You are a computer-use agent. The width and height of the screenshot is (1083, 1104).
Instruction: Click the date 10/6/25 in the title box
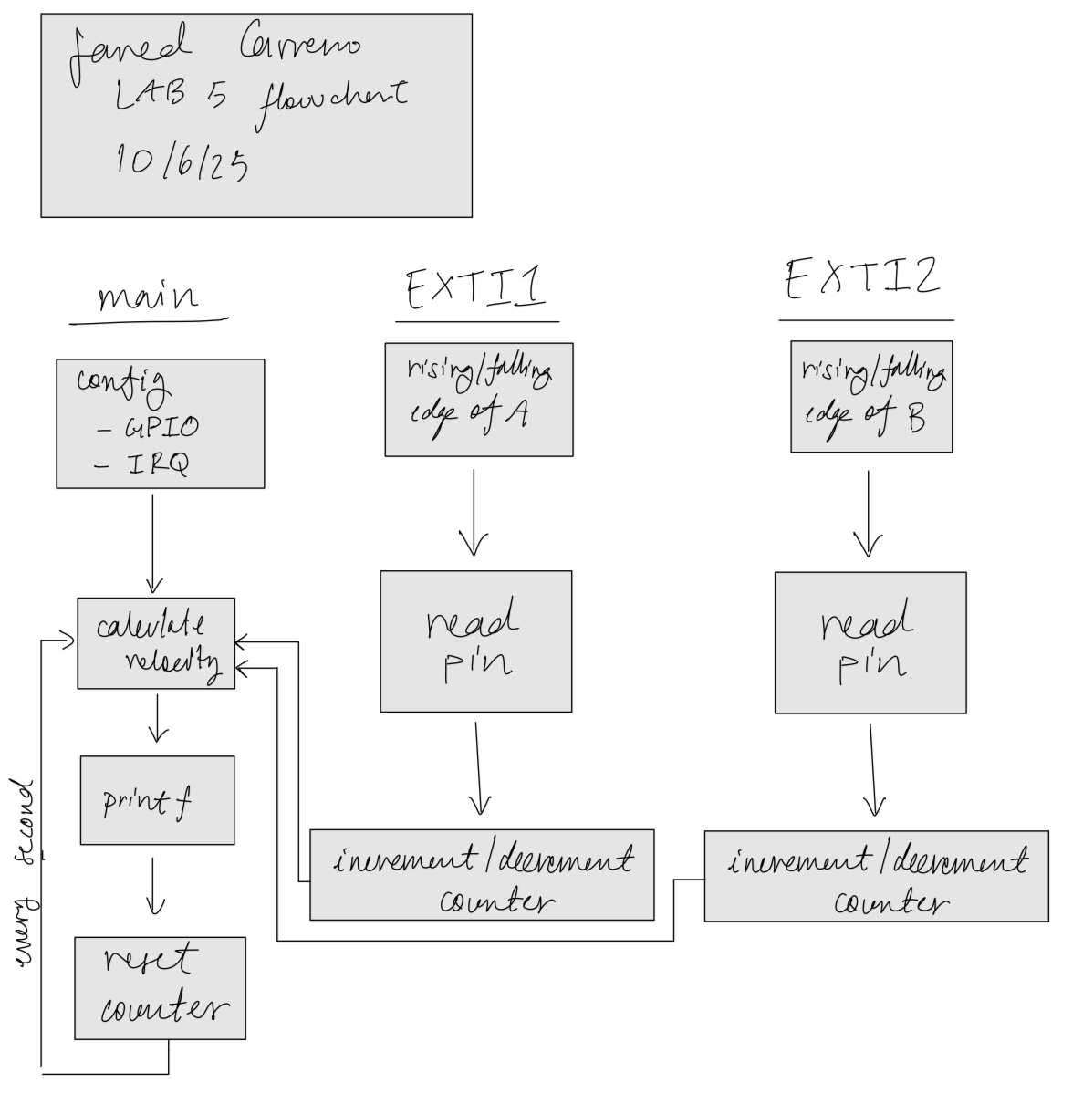tap(181, 162)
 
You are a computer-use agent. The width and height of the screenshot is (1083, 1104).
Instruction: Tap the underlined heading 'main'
tap(147, 297)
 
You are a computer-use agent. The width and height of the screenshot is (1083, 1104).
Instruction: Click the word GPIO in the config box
tap(162, 427)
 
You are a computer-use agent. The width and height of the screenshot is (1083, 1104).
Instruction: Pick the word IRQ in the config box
tap(156, 466)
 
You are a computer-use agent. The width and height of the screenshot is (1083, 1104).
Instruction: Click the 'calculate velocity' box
tap(156, 642)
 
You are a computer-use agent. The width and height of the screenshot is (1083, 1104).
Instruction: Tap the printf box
tap(157, 800)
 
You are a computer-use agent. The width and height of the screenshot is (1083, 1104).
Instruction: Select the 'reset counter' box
tap(160, 988)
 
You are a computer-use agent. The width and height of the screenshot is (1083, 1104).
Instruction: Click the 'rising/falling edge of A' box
tap(479, 399)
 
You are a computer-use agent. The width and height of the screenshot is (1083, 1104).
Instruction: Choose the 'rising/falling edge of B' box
tap(871, 396)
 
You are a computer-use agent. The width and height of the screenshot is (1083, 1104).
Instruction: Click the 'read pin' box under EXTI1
tap(475, 641)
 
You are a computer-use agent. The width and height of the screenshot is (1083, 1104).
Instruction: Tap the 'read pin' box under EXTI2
tap(870, 642)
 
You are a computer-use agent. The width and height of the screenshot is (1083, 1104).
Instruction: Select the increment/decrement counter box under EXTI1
tap(482, 874)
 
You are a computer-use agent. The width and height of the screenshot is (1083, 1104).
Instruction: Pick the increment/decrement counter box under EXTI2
tap(876, 876)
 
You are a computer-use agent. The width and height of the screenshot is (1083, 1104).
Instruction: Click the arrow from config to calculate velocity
tap(152, 543)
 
